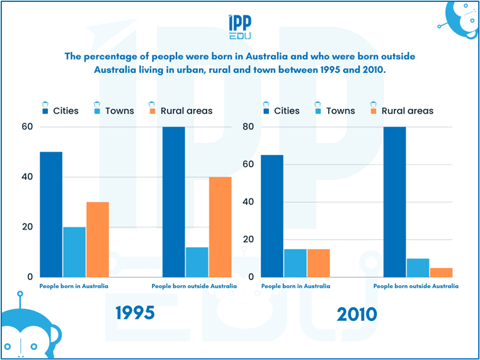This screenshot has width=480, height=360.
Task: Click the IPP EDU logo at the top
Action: pos(240,27)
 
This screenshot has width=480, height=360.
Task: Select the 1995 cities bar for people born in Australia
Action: pos(51,214)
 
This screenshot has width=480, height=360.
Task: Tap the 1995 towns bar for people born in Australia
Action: pos(74,252)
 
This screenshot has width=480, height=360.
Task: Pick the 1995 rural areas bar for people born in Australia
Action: pos(98,239)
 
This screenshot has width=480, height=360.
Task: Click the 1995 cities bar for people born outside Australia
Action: pos(173,201)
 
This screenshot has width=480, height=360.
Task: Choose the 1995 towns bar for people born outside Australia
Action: pos(197,262)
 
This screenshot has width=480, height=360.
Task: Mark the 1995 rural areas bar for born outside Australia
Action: pos(220,227)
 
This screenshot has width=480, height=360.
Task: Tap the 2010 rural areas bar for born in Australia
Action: pos(319,262)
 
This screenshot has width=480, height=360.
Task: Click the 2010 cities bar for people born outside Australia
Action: pos(394,201)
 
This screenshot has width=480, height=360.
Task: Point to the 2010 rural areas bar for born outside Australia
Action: pos(441,272)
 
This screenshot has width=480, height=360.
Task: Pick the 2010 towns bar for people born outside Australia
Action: pos(418,267)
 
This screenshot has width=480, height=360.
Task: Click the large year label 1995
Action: pos(135,313)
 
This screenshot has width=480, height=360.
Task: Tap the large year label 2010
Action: pos(357,314)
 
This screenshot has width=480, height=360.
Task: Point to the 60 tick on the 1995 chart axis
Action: pos(27,127)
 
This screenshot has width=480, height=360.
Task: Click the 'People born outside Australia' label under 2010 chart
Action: pos(416,286)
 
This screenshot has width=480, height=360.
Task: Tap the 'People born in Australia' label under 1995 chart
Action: pos(74,286)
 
